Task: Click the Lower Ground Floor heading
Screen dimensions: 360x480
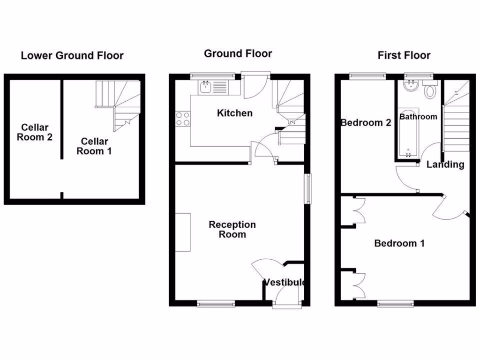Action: (x=72, y=56)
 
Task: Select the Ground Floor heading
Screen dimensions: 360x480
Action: (x=238, y=53)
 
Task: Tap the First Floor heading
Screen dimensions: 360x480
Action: (x=404, y=55)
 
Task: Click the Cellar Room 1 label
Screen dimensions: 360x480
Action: (x=94, y=146)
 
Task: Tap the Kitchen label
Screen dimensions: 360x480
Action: (x=235, y=113)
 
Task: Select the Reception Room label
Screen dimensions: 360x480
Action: (x=232, y=230)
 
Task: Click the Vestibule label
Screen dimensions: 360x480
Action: (x=285, y=282)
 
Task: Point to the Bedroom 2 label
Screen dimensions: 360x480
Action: (x=366, y=123)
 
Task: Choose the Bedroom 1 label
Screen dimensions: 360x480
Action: (x=399, y=243)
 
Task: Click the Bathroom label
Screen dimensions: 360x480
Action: (x=418, y=117)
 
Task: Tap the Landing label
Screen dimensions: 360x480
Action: (x=445, y=165)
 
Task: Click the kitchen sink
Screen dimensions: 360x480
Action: (x=205, y=87)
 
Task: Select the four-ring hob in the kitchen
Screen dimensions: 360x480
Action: (x=183, y=119)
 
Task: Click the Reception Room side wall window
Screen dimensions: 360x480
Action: (x=308, y=189)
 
